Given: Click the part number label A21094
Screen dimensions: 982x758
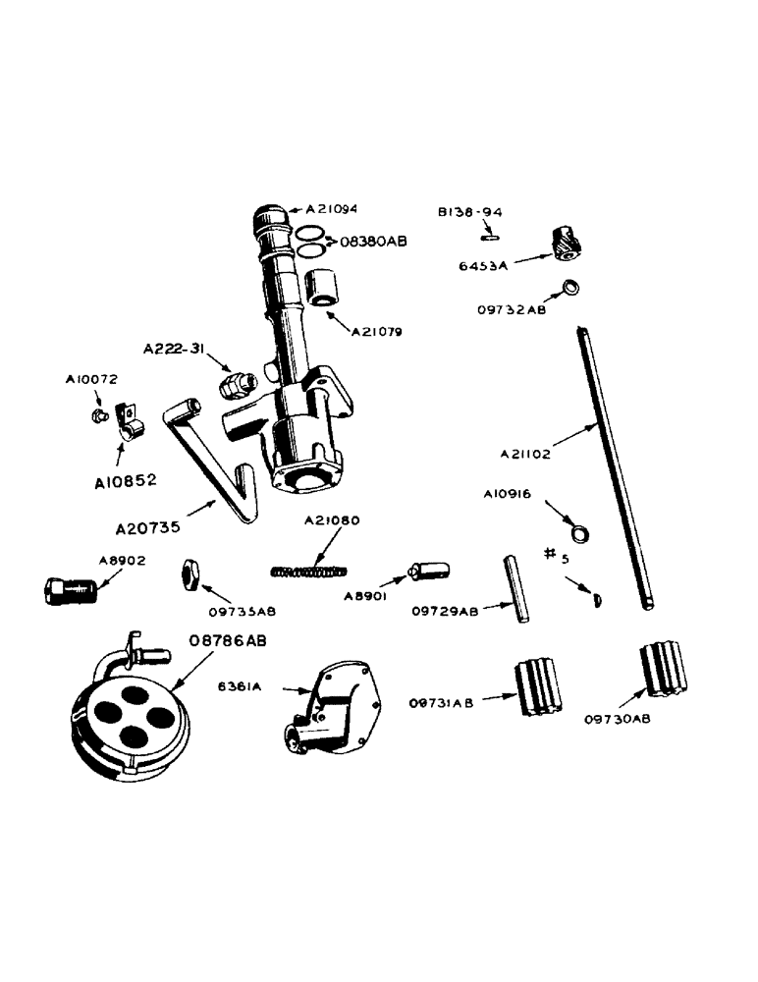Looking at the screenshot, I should pos(333,209).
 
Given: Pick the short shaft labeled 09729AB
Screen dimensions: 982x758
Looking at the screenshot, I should pos(514,587).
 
